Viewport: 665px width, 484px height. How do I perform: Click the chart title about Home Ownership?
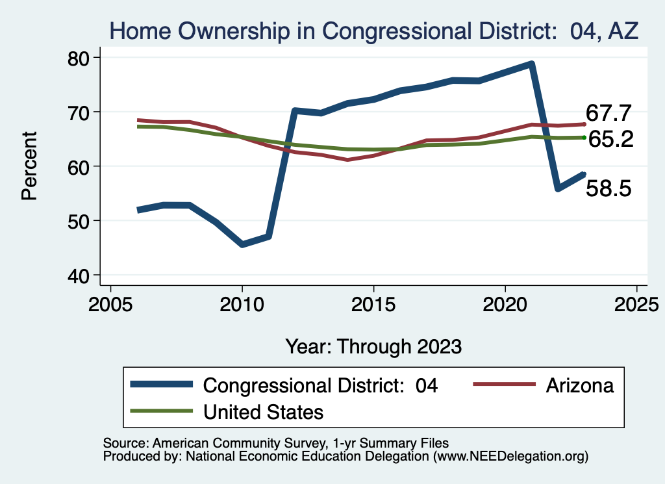point(374,30)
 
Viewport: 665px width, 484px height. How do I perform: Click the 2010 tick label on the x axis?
point(242,304)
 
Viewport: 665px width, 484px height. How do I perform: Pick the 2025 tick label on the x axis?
point(636,304)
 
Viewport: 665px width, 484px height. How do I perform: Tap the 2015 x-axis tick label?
point(373,304)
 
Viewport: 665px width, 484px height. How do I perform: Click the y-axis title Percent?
point(29,166)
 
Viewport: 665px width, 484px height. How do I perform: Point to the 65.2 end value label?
point(610,139)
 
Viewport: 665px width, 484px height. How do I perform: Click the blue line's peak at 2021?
point(531,64)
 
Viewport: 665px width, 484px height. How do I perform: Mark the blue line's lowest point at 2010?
point(242,244)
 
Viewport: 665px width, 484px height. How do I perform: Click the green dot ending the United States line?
point(584,137)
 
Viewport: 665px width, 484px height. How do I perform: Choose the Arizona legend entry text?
point(580,385)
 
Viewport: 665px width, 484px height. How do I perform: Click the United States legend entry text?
point(263,411)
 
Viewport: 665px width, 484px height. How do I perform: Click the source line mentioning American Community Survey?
point(276,443)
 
